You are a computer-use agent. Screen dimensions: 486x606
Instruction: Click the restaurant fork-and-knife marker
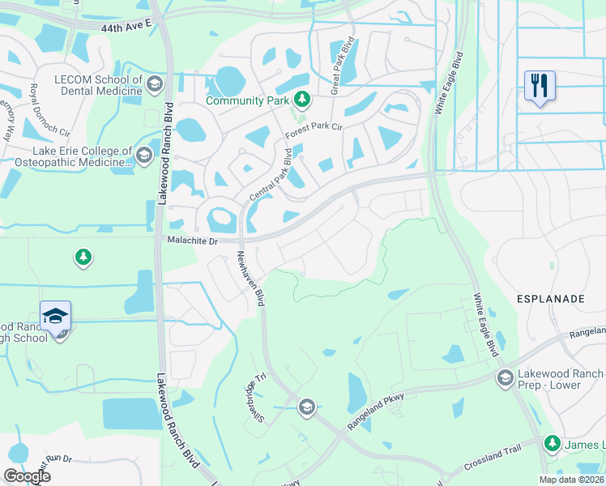tap(539, 85)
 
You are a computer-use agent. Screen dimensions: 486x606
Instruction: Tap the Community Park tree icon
tap(302, 100)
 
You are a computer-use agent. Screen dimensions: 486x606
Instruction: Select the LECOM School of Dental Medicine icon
tap(154, 83)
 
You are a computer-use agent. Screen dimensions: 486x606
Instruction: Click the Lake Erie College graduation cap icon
tap(145, 155)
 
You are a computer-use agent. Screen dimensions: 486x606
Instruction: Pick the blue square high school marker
tap(55, 317)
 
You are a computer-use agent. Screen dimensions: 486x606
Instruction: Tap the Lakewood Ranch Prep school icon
tap(505, 378)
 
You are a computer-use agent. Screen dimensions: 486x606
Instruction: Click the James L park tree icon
tap(553, 443)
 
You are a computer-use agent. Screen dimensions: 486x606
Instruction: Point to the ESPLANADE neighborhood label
tap(551, 299)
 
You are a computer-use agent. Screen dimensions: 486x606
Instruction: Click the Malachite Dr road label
tap(194, 241)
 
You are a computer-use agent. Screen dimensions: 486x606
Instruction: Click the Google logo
tap(27, 476)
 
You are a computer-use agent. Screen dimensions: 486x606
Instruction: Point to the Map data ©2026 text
tap(570, 480)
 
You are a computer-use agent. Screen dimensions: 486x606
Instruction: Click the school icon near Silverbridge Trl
tap(306, 407)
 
